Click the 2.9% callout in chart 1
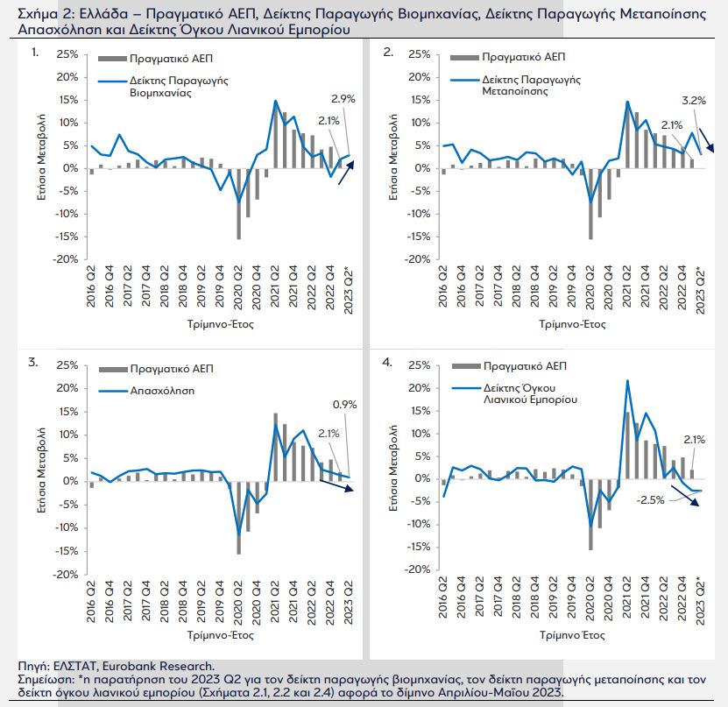[343, 99]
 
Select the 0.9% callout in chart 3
[343, 404]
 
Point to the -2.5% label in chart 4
[649, 500]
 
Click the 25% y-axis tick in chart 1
[66, 54]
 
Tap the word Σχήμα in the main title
[25, 13]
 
